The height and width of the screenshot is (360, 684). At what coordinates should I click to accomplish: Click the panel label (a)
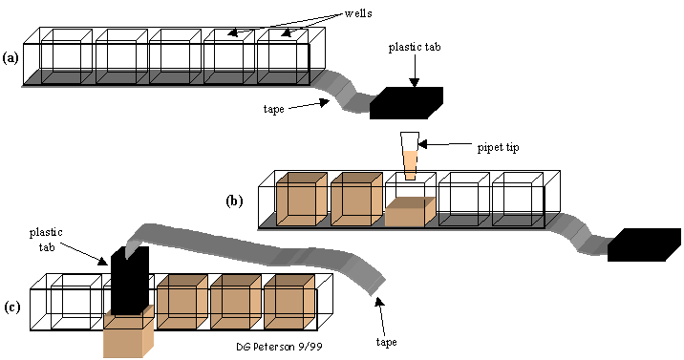11,58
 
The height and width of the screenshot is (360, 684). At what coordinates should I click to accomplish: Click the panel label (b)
234,201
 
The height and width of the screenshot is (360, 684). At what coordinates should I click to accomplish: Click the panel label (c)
12,307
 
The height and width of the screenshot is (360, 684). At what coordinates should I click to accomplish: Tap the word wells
358,13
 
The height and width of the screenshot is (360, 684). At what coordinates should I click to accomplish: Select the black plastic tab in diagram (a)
406,103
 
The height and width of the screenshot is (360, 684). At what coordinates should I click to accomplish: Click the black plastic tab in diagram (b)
644,244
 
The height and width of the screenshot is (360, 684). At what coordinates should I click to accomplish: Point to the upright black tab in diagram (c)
130,280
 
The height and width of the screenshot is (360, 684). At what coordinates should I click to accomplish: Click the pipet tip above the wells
410,156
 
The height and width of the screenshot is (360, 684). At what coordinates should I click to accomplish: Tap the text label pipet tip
498,148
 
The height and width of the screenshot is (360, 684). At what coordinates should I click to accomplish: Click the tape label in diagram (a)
273,109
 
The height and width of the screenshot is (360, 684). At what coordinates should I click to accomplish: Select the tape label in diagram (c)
386,342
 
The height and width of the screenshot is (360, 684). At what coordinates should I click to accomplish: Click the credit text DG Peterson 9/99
280,347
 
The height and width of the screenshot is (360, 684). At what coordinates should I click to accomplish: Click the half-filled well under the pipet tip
410,200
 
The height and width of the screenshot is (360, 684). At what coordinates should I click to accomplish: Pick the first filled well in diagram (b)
302,200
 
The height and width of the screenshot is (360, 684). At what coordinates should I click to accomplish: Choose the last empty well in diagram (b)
518,200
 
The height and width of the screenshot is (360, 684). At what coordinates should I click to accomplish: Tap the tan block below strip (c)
129,331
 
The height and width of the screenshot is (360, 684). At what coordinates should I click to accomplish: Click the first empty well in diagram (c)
76,301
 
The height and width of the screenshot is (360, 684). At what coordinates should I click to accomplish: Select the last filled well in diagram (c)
289,301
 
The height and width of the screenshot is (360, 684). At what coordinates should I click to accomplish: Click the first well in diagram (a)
66,56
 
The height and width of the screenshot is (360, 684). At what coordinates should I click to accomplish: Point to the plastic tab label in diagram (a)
415,47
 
